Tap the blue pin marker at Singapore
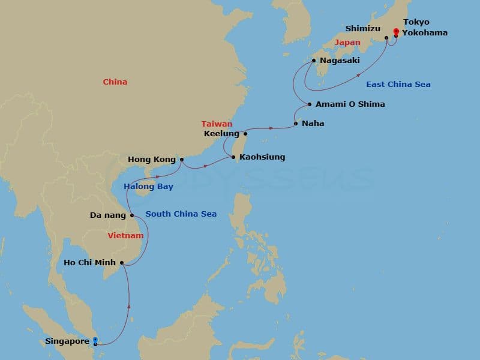(95, 340)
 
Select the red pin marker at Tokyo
(395, 32)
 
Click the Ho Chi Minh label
(90, 262)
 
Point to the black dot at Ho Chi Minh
(122, 262)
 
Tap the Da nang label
(107, 215)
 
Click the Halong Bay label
(148, 186)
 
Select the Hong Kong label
(151, 160)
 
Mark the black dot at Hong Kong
(181, 160)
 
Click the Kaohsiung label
(262, 157)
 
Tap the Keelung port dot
(245, 133)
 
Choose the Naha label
(313, 124)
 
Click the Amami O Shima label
(350, 104)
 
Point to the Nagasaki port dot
(314, 61)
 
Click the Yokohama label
(425, 32)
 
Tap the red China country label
(115, 82)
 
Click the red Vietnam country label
(125, 236)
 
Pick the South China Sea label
(181, 214)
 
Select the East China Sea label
(398, 85)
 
